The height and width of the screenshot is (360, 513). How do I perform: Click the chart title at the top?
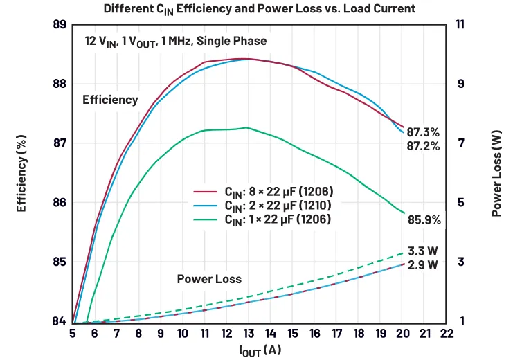(x=260, y=9)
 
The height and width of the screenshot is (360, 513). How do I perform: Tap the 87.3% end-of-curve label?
(x=423, y=132)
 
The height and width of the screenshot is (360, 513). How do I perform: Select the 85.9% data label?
(x=424, y=220)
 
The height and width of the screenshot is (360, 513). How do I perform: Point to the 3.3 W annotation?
(x=423, y=251)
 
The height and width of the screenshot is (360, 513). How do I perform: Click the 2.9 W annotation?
(x=423, y=264)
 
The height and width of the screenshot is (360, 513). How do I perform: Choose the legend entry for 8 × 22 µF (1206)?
(x=263, y=192)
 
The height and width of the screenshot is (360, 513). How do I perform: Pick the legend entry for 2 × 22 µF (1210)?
(x=262, y=206)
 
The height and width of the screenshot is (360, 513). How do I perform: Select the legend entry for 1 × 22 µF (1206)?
(x=262, y=219)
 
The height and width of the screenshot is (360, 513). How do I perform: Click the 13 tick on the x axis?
(x=249, y=334)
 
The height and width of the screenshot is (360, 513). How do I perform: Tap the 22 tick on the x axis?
(x=447, y=334)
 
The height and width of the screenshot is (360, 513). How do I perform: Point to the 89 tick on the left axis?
(x=60, y=24)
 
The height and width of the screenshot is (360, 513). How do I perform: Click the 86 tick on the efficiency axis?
(x=60, y=203)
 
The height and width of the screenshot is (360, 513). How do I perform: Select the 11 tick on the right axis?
(x=460, y=24)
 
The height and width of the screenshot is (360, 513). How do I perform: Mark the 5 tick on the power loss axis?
(x=460, y=203)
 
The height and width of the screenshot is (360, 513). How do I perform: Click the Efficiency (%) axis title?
(x=21, y=174)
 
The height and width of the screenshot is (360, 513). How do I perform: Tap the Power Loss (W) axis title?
(x=496, y=174)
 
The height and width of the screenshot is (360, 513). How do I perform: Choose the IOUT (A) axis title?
(x=260, y=350)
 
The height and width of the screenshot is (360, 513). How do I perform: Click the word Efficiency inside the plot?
(x=110, y=100)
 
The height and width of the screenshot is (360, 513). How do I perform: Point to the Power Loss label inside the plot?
(x=209, y=279)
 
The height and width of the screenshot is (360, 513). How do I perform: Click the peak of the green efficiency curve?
(x=246, y=127)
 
